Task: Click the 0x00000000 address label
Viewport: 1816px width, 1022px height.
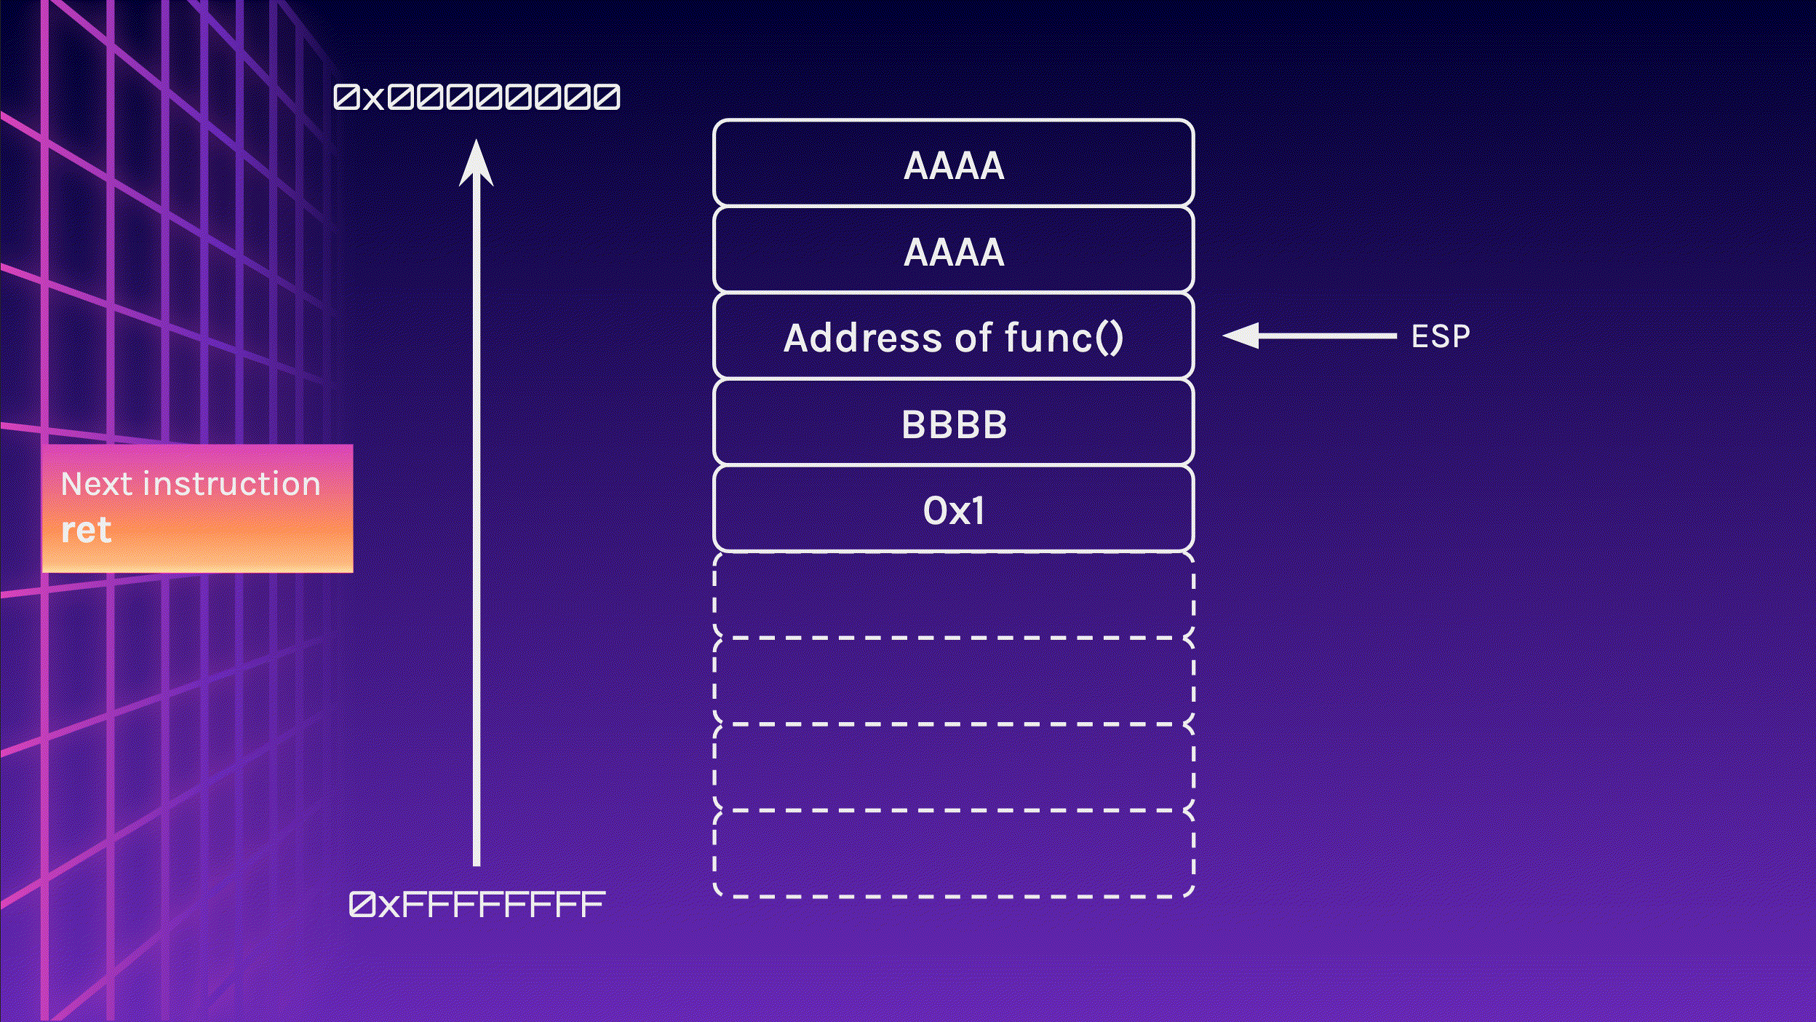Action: pyautogui.click(x=477, y=97)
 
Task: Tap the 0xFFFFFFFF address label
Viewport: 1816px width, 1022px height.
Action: pyautogui.click(x=477, y=904)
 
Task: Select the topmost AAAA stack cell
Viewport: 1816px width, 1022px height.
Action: pyautogui.click(x=954, y=162)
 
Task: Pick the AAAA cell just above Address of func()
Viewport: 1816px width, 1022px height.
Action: pyautogui.click(x=954, y=249)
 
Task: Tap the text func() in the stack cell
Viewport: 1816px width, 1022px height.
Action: pyautogui.click(x=1064, y=338)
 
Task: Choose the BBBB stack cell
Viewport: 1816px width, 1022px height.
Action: pyautogui.click(x=954, y=421)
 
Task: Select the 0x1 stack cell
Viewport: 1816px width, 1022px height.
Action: pyautogui.click(x=954, y=508)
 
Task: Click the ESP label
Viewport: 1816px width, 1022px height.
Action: pyautogui.click(x=1441, y=336)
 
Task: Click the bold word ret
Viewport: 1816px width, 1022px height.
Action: pyautogui.click(x=86, y=530)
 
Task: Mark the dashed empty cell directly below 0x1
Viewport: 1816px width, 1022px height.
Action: pyautogui.click(x=954, y=595)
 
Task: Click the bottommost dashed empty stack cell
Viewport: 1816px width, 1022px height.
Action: pyautogui.click(x=954, y=854)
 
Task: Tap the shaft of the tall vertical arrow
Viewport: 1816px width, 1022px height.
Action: pyautogui.click(x=477, y=524)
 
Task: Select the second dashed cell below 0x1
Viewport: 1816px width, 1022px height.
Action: pyautogui.click(x=954, y=681)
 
